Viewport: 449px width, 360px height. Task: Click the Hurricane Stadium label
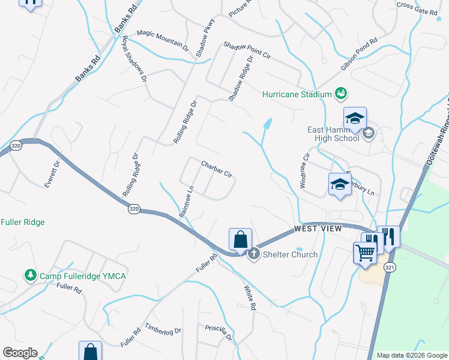coord(297,94)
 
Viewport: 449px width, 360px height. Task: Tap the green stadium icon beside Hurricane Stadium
coord(341,94)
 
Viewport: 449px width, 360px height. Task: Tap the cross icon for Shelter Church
coord(253,254)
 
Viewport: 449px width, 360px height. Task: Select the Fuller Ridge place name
coord(22,222)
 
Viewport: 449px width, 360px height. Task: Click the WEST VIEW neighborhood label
coord(318,229)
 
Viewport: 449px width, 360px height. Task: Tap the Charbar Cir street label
coord(217,169)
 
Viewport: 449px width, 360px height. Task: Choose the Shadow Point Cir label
coord(248,50)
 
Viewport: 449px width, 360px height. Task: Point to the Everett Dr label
coord(53,173)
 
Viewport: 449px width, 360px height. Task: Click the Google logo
coord(20,353)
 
